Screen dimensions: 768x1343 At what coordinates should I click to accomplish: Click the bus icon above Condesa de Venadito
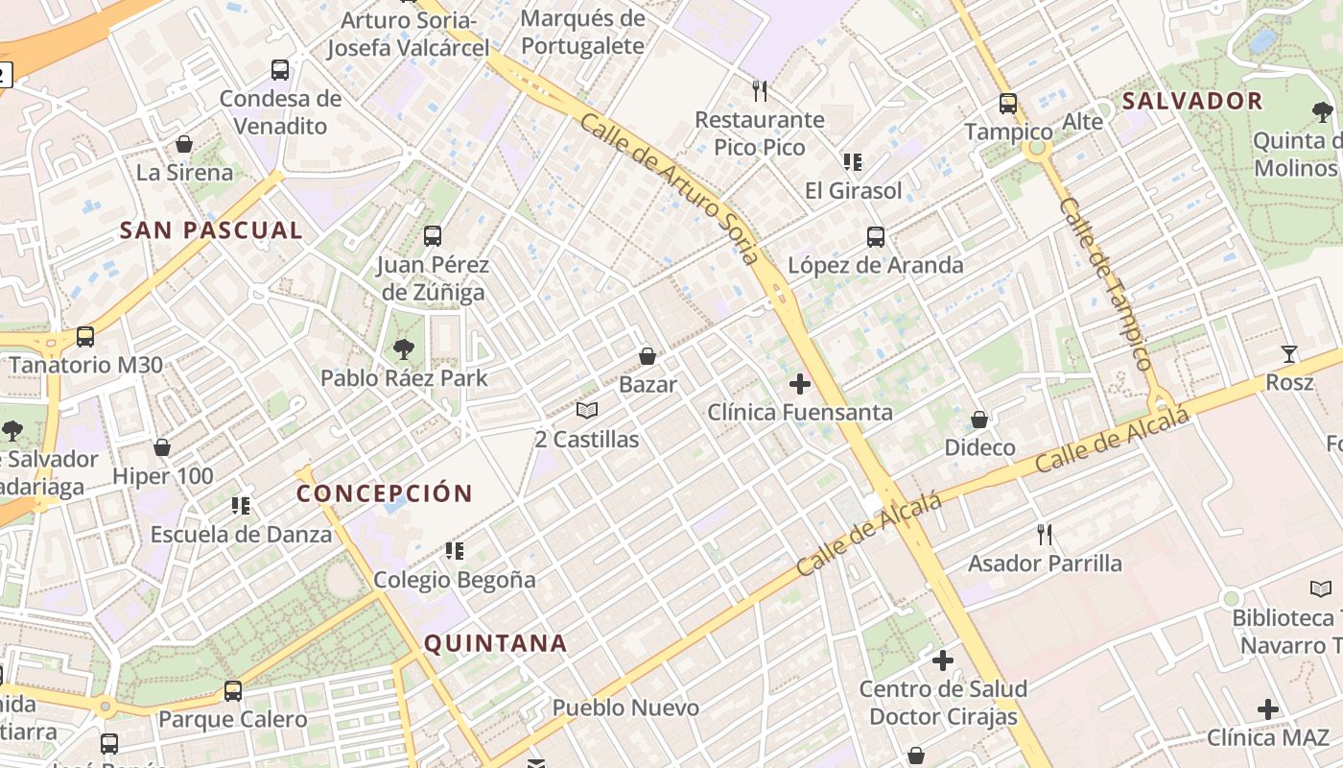[x=280, y=70]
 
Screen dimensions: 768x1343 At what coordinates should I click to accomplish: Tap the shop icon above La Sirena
[x=184, y=145]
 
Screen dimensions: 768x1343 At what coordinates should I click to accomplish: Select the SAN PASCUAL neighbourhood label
[x=211, y=230]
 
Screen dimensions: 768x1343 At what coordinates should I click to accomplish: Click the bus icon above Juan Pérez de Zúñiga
[x=433, y=236]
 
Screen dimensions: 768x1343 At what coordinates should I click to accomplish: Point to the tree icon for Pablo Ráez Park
[x=403, y=349]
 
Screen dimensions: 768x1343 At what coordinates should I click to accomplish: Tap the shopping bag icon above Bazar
[x=648, y=356]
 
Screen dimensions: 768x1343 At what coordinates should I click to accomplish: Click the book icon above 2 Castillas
[x=587, y=411]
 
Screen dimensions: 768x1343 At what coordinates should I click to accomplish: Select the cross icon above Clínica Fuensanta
[x=799, y=385]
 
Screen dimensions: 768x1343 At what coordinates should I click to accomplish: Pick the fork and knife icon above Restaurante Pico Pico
[x=760, y=91]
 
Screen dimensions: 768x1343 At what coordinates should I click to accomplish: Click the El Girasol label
[x=854, y=191]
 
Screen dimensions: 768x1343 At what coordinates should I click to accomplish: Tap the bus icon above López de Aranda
[x=875, y=237]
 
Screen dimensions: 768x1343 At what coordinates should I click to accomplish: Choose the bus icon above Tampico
[x=1008, y=104]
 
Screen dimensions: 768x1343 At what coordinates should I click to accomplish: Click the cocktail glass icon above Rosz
[x=1289, y=354]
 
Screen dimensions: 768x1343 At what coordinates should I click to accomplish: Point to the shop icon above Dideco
[x=979, y=420]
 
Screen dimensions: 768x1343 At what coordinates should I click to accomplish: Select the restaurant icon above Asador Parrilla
[x=1045, y=535]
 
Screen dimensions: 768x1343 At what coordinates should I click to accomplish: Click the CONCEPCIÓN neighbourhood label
[x=385, y=494]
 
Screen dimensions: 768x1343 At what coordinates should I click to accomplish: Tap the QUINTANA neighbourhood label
[x=496, y=643]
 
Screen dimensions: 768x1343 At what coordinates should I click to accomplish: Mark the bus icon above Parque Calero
[x=233, y=691]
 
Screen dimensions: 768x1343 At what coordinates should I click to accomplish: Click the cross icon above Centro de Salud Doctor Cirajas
[x=943, y=660]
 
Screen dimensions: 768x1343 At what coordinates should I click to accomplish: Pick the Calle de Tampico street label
[x=1105, y=284]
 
